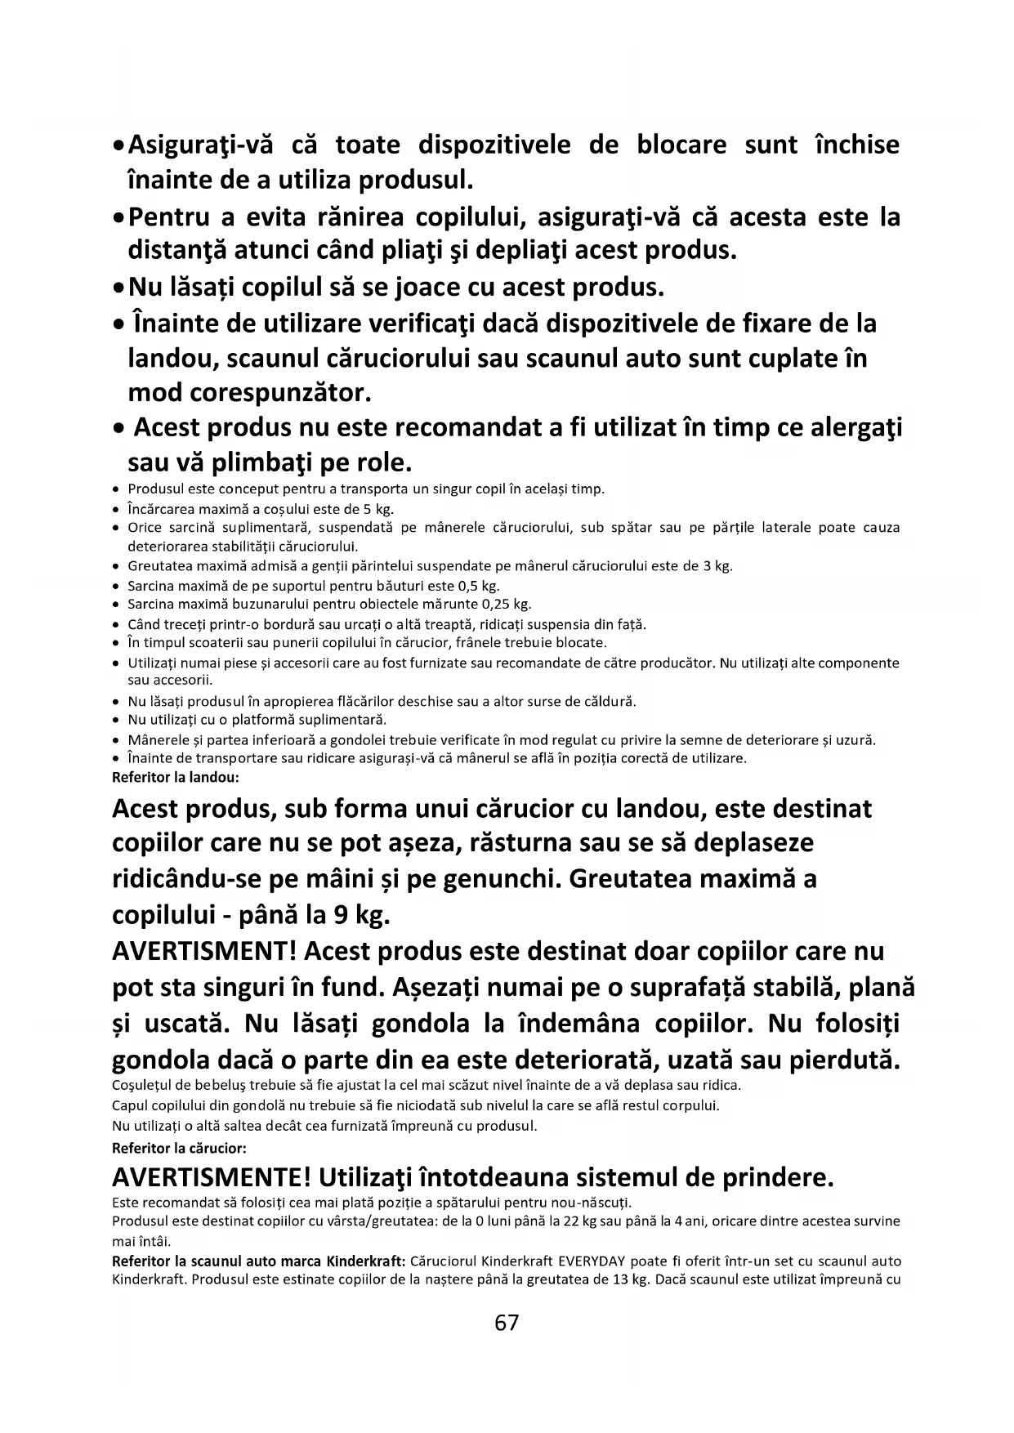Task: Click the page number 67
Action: (507, 1323)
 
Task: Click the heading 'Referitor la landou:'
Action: (176, 777)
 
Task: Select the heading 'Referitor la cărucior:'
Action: (179, 1148)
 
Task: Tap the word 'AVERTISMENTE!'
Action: (211, 1177)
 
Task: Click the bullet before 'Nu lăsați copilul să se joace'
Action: (119, 288)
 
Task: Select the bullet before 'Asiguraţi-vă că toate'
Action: (119, 145)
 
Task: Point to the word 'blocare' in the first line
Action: (681, 145)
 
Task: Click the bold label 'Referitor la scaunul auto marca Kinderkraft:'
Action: (259, 1261)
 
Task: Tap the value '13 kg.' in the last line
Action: (629, 1279)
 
